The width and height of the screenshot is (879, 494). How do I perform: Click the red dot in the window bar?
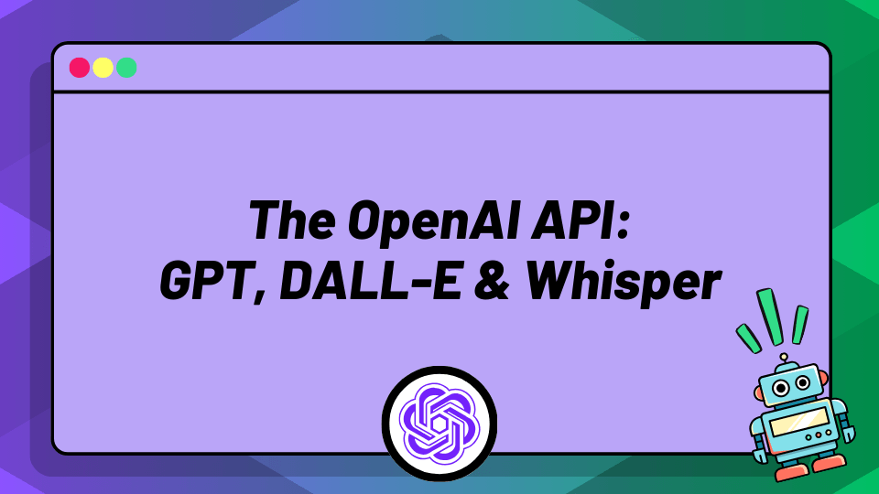80,68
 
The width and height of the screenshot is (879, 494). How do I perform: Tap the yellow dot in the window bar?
103,68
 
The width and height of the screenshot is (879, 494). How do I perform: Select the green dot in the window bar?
126,68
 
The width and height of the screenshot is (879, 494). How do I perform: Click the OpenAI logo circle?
439,417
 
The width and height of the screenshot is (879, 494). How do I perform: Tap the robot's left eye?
780,388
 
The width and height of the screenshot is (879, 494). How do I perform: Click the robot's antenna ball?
784,358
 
